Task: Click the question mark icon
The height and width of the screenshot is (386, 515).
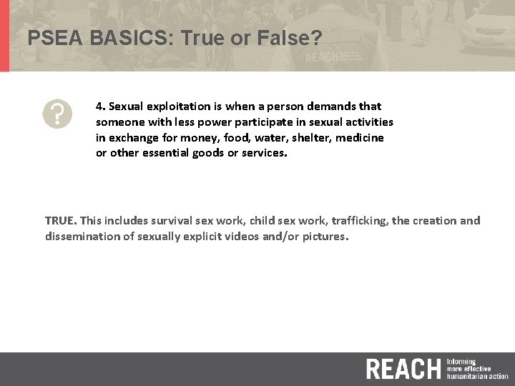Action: pos(57,114)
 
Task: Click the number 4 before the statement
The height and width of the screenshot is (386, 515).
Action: pos(99,107)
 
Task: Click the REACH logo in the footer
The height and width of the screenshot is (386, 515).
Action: pos(403,369)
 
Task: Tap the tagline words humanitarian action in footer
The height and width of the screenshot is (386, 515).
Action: pos(477,375)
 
